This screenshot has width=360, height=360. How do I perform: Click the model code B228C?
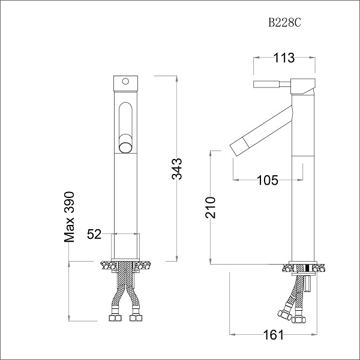[284, 22]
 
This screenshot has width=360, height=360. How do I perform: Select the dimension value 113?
[283, 58]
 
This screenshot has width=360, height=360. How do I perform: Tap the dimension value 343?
[176, 169]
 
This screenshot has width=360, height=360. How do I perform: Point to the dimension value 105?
[267, 180]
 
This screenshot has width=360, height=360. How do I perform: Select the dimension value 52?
[94, 235]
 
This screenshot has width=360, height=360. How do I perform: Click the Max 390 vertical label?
[70, 217]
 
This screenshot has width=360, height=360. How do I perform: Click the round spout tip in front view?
[125, 146]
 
